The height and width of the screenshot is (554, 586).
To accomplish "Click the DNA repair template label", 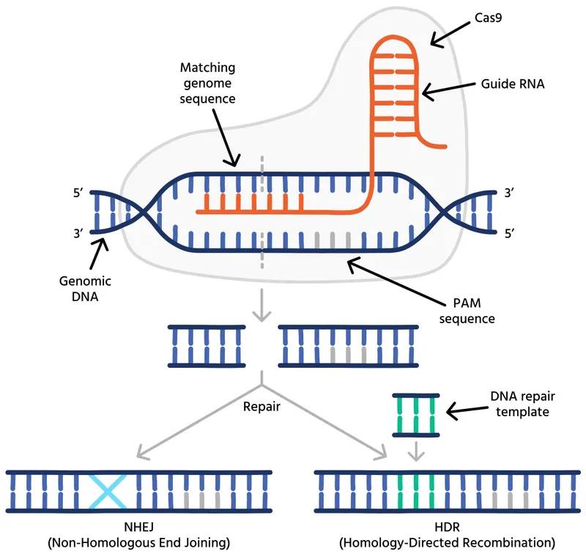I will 519,404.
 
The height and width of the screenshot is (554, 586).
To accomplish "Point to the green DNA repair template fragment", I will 415,415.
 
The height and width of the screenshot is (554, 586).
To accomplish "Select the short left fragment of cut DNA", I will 204,345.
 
